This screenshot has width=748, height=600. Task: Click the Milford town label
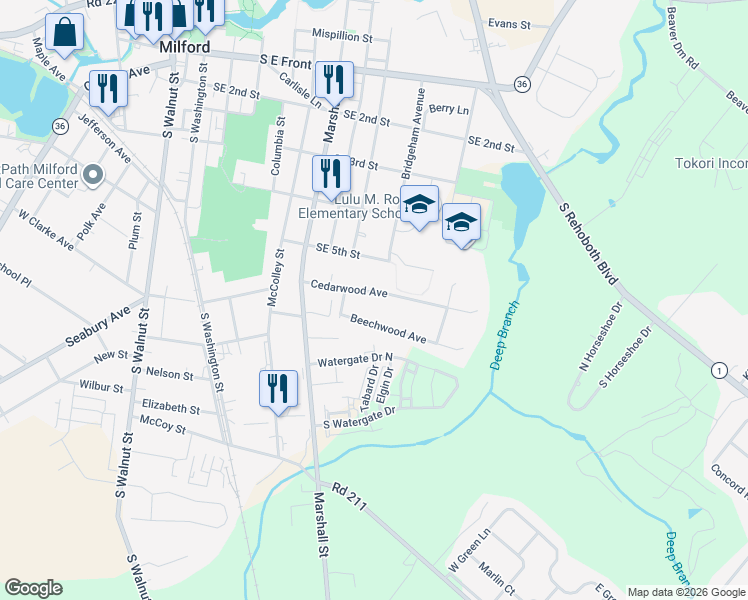184,47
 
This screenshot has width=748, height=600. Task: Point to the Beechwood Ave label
388,329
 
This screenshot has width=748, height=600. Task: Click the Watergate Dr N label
355,360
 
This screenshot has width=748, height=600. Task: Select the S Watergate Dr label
360,419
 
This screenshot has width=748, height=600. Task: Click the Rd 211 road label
352,496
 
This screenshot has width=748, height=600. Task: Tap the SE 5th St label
337,251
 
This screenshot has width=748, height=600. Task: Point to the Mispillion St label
342,37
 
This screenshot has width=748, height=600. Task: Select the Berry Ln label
448,108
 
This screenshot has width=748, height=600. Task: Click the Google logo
33,588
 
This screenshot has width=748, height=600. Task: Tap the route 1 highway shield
718,371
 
